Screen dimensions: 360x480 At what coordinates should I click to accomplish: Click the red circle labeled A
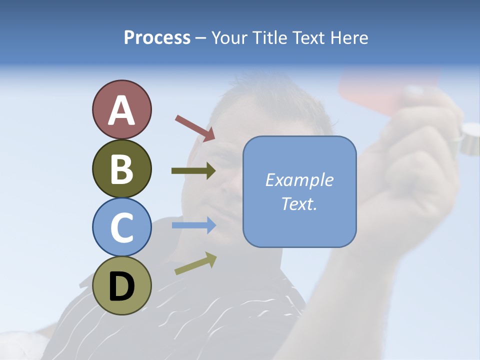[x=122, y=109]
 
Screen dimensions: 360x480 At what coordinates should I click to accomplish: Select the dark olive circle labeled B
[x=122, y=168]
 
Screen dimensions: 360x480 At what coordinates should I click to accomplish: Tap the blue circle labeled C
[x=122, y=227]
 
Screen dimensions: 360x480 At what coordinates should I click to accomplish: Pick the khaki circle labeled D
[x=122, y=285]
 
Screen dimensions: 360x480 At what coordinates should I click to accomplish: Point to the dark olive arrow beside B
[x=193, y=171]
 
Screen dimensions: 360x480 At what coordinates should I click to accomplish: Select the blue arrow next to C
[x=193, y=225]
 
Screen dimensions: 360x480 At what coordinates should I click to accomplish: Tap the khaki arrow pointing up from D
[x=195, y=264]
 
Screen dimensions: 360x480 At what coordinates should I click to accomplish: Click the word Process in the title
[x=157, y=37]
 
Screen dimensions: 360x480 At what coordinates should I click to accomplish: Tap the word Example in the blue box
[x=299, y=180]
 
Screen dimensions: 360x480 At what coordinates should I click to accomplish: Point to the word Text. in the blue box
[x=299, y=204]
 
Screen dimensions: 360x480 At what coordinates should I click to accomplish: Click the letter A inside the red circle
[x=122, y=110]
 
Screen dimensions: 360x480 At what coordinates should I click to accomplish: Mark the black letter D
[x=122, y=286]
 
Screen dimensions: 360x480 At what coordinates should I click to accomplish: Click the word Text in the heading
[x=308, y=37]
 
